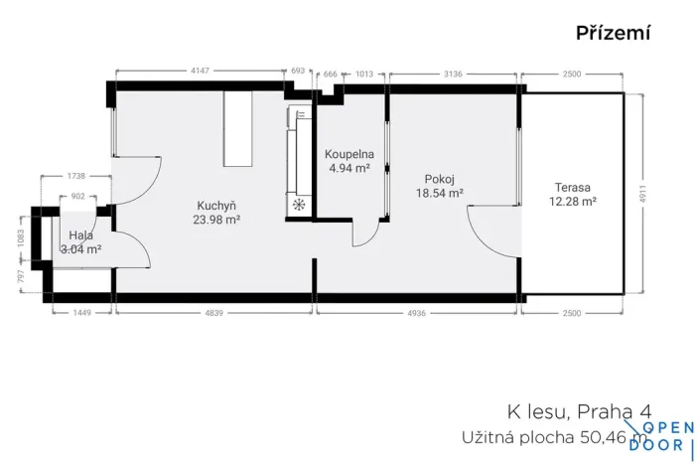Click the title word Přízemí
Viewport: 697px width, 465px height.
tap(613, 34)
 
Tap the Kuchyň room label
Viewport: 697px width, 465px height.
tap(215, 205)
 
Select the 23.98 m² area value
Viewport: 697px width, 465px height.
tap(216, 220)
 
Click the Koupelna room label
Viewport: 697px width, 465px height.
tap(348, 155)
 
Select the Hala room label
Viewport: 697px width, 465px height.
tap(81, 235)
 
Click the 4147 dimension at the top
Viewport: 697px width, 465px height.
tap(202, 71)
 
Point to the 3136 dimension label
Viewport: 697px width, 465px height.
tap(454, 73)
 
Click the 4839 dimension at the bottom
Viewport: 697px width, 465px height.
tap(214, 312)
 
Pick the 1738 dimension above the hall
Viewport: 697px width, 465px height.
tap(76, 175)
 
